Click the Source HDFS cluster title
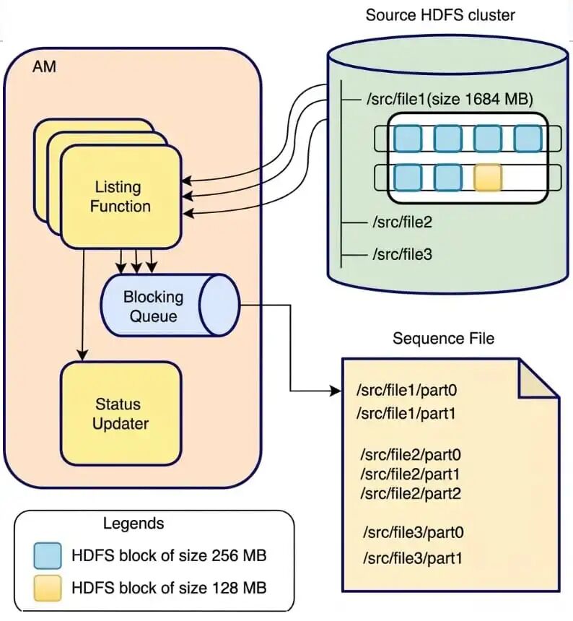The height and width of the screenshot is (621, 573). point(440,15)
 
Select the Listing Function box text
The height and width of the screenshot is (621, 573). point(120,196)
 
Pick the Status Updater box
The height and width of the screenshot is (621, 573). point(120,414)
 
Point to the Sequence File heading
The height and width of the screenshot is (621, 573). point(443,339)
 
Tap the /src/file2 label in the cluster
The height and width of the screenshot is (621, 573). point(402,222)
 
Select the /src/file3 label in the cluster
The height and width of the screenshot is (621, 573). point(402,254)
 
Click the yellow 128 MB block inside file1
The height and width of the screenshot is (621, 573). point(488,178)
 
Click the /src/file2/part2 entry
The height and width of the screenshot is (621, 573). point(411,494)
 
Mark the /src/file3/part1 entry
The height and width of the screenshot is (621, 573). point(412,558)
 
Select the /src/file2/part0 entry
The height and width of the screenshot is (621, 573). point(411,455)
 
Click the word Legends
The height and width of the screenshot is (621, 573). point(134,524)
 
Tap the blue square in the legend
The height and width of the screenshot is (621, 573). point(48,556)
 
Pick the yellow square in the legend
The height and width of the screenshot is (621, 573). point(48,588)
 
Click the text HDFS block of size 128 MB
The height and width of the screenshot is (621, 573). point(169,588)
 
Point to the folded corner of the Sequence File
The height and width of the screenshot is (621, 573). point(538,379)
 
